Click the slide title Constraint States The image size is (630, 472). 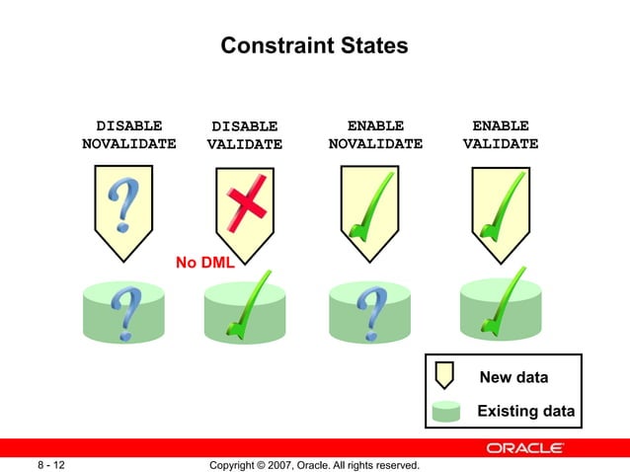314,46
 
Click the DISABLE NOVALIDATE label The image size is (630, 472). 129,134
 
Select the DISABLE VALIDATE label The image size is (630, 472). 245,135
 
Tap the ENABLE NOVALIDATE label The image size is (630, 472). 375,134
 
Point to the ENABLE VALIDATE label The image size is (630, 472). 501,134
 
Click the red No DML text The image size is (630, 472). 204,263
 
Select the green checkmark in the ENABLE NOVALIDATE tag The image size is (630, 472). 371,208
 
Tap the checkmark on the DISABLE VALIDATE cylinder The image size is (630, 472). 246,306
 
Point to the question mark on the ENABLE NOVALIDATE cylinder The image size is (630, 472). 371,315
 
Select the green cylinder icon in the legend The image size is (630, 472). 446,410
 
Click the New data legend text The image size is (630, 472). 513,377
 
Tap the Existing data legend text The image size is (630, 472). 525,411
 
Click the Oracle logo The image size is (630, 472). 525,449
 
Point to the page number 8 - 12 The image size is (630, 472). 51,464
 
